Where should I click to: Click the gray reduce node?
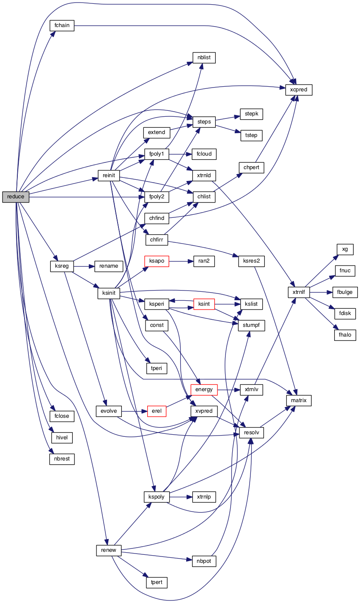[16, 197]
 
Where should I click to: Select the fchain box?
[62, 25]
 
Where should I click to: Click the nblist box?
[204, 58]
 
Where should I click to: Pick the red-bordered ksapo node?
[157, 261]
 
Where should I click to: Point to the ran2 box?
[204, 261]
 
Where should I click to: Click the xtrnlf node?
[299, 292]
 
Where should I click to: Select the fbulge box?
[345, 292]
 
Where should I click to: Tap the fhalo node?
[345, 335]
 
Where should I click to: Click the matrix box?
[299, 400]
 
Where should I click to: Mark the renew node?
[109, 551]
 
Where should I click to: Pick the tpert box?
[157, 582]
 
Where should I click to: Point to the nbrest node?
[62, 459]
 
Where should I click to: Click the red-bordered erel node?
[157, 411]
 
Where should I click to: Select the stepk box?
[252, 114]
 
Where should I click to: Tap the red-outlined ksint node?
[204, 304]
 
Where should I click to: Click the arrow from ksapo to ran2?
[181, 261]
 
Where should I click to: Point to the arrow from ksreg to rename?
[84, 266]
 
